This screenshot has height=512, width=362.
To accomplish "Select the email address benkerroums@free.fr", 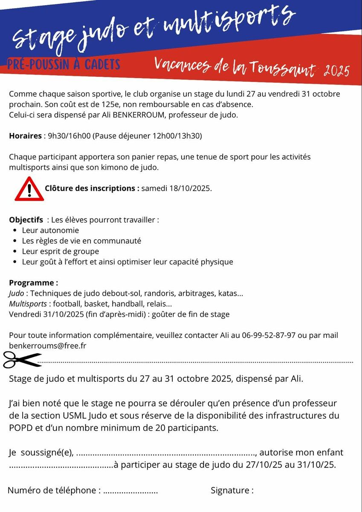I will (47, 346).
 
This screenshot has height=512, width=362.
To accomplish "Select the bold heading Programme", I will (33, 283).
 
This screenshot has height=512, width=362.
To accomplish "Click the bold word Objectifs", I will (26, 220).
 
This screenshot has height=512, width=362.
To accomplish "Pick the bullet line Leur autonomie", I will (50, 230).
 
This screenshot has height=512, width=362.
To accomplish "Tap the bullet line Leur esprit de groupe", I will (60, 251).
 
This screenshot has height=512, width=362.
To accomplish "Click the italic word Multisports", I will (28, 304).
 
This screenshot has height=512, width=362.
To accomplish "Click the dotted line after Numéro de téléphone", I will (130, 492).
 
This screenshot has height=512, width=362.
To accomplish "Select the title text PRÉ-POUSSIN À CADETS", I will (64, 64).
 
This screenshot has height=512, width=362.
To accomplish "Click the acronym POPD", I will (20, 428).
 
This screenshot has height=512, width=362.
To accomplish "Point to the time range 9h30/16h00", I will (69, 136).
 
